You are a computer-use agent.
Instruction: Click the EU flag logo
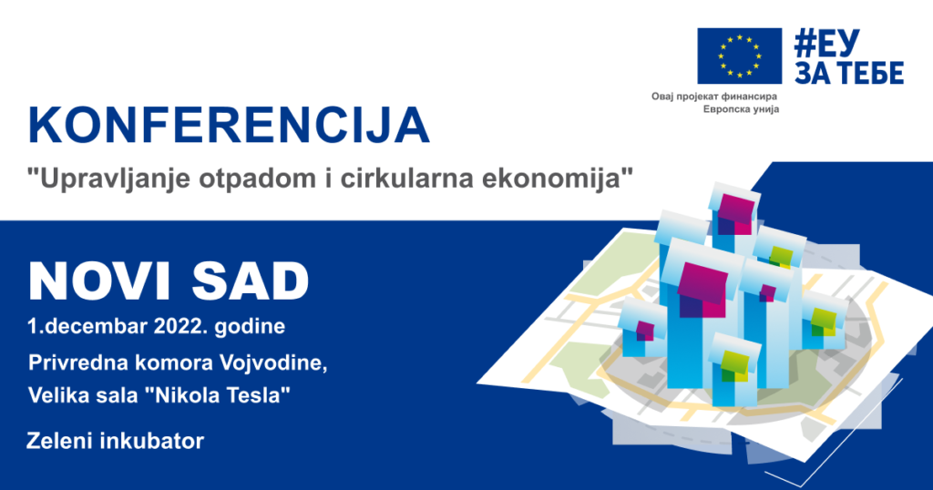point(740,56)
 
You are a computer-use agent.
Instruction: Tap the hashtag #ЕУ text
point(827,43)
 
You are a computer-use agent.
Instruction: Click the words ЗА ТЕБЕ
point(849,72)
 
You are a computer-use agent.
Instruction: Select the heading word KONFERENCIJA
point(229,126)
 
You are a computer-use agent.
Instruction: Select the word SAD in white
point(250,281)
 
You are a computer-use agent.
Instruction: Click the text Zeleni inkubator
point(116,441)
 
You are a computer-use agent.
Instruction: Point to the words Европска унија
point(741,108)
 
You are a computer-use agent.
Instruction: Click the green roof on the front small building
point(735,365)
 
